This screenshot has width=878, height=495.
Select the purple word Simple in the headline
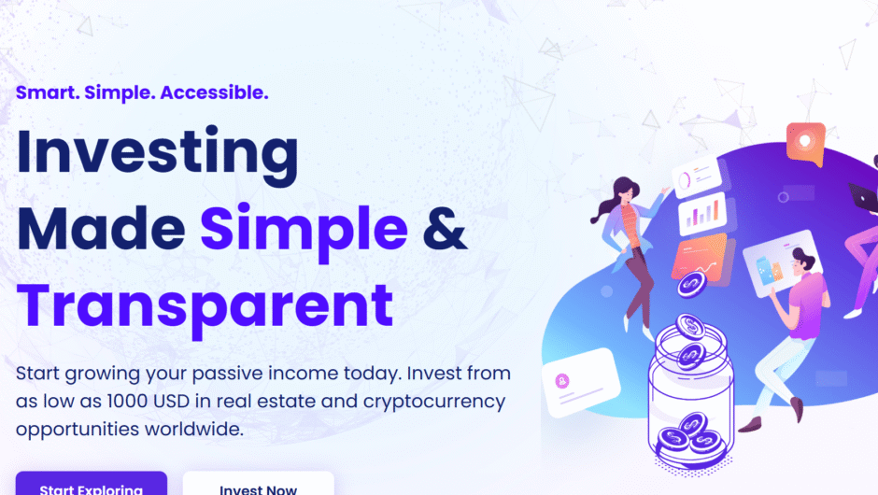[x=304, y=229]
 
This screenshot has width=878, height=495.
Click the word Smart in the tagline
[x=46, y=92]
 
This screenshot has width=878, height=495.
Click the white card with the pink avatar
[x=580, y=383]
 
